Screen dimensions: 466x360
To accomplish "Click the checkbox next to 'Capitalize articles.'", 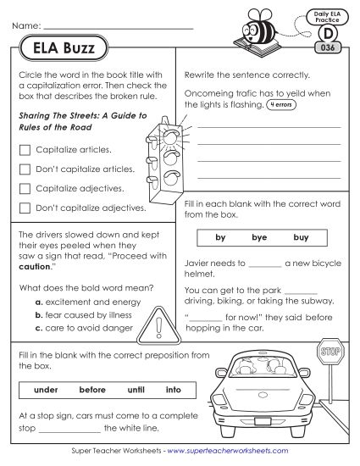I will pos(25,150).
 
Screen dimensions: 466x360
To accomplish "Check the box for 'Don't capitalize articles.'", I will pos(25,169).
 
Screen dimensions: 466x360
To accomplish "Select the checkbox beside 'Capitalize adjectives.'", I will pos(25,187).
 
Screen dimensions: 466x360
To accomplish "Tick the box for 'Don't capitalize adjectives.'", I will pos(25,206).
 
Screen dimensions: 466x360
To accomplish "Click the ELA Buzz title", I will pos(58,49).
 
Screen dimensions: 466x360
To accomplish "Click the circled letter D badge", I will pos(326,34).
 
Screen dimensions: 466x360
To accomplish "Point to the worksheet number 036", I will pos(326,50).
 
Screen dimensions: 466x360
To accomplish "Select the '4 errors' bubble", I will pos(284,105).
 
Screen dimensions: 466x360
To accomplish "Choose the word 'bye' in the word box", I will pos(259,238).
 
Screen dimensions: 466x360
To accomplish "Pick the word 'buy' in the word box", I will pos(301,238).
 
